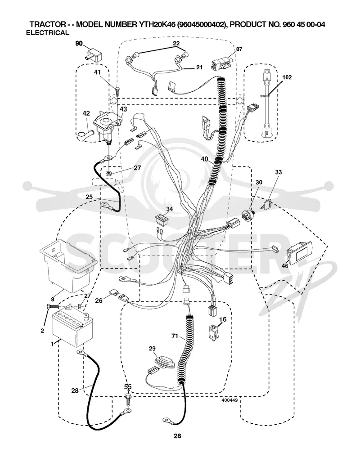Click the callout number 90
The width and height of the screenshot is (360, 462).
coord(79,44)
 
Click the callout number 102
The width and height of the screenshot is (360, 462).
coord(287,77)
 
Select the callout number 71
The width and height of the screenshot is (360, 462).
coord(175,336)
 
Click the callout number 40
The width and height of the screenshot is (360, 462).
coord(204,159)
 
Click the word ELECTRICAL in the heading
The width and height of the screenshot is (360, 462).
coord(47,33)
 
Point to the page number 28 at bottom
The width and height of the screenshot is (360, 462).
coord(177,436)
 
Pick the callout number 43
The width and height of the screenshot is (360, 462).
coord(124,109)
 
